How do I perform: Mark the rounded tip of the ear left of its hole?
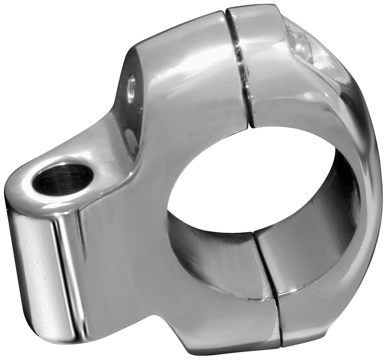pyautogui.click(x=15, y=190)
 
